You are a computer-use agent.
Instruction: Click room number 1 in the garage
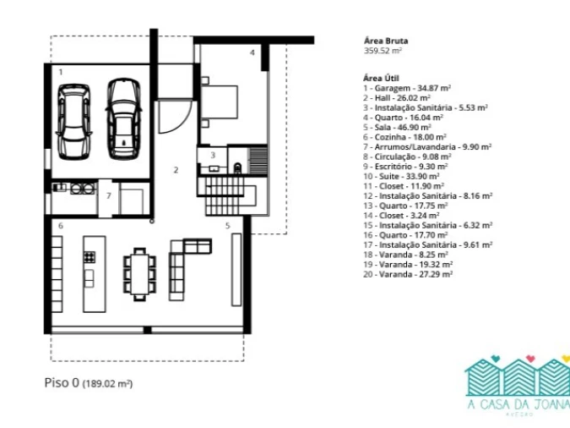pyautogui.click(x=61, y=72)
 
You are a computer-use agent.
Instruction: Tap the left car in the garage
pyautogui.click(x=73, y=122)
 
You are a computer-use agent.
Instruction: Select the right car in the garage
pyautogui.click(x=123, y=119)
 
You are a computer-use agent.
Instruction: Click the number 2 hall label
pyautogui.click(x=176, y=170)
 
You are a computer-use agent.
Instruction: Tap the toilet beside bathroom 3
pyautogui.click(x=238, y=168)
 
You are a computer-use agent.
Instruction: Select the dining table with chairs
pyautogui.click(x=139, y=274)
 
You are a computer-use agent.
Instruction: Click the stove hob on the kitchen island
pyautogui.click(x=90, y=257)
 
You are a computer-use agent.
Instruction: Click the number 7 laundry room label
pyautogui.click(x=109, y=196)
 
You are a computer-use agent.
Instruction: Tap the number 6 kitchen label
pyautogui.click(x=61, y=226)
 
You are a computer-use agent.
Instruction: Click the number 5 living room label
pyautogui.click(x=227, y=226)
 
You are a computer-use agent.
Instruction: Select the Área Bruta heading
pyautogui.click(x=386, y=41)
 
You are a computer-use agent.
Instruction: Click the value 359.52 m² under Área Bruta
pyautogui.click(x=383, y=51)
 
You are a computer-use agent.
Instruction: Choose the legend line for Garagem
pyautogui.click(x=407, y=88)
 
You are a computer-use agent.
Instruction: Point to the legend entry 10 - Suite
pyautogui.click(x=401, y=176)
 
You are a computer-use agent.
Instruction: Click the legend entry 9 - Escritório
pyautogui.click(x=405, y=167)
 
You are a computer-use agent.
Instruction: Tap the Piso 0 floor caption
pyautogui.click(x=89, y=383)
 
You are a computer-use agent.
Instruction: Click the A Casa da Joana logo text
pyautogui.click(x=518, y=404)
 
